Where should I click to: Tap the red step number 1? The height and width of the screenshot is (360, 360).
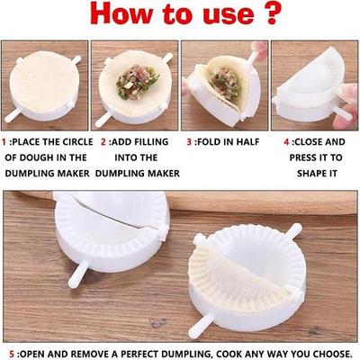4,142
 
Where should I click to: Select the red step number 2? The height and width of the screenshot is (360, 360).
103,142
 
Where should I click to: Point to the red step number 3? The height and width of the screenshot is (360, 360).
189,142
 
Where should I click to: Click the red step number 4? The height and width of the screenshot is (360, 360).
286,142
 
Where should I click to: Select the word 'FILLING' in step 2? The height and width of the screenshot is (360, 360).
151,142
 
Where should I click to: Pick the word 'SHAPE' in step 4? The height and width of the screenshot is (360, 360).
311,174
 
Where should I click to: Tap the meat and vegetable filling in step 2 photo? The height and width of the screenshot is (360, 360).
137,82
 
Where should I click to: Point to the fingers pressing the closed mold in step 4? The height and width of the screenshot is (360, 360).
347,105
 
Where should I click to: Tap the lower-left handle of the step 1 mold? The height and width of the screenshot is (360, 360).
13,115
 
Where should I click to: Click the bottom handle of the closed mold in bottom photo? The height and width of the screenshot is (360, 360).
77,274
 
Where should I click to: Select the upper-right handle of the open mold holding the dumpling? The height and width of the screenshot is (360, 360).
293,231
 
